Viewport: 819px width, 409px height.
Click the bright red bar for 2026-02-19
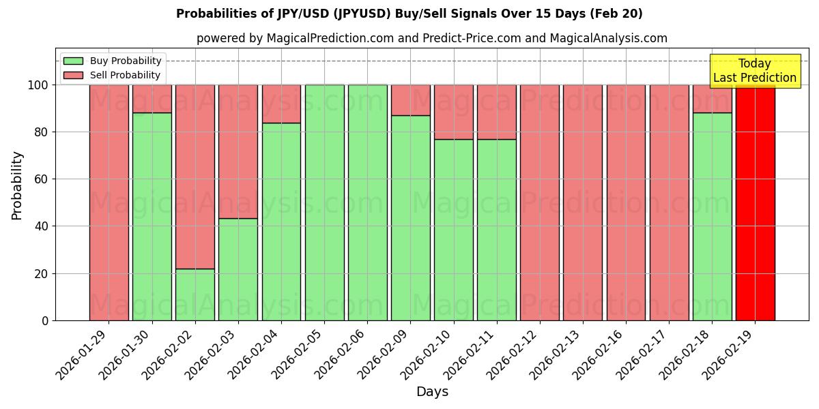pos(755,202)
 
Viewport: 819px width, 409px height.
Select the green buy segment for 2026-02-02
pos(195,294)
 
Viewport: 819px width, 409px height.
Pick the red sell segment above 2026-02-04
pos(281,104)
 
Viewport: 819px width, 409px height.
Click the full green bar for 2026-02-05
pos(324,202)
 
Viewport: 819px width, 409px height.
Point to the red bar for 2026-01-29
pos(109,202)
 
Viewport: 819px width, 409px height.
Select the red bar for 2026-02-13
pos(583,202)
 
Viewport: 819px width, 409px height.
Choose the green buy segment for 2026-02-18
pos(712,216)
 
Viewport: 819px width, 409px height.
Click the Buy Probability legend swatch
pos(73,61)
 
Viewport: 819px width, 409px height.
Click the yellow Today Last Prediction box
pos(755,71)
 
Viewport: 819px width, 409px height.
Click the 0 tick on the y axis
pos(46,320)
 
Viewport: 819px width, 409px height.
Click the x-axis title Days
pos(432,392)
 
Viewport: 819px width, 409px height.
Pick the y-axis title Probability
pos(17,185)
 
